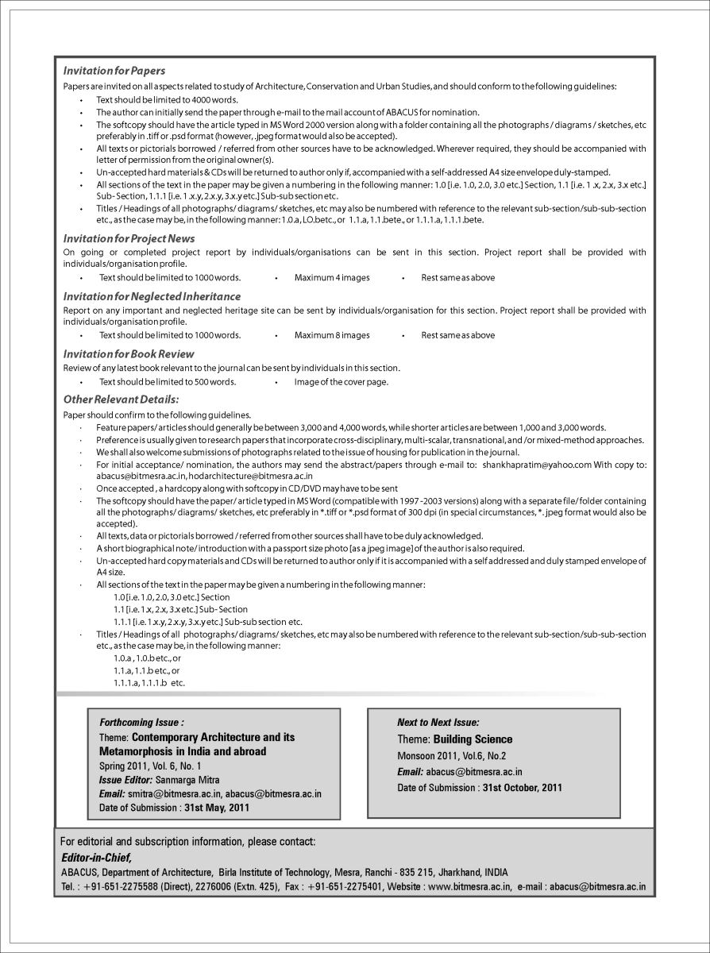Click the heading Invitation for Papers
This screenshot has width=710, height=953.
click(114, 71)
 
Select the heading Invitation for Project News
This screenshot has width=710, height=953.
click(129, 238)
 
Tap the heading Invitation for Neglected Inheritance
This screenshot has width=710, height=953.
click(152, 296)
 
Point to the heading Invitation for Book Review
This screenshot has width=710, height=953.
click(129, 353)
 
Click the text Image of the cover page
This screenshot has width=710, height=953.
click(341, 382)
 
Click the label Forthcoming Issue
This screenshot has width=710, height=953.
click(141, 723)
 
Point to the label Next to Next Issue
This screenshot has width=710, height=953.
click(438, 723)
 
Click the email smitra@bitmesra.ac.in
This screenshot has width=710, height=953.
click(173, 793)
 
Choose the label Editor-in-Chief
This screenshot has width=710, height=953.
click(96, 858)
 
